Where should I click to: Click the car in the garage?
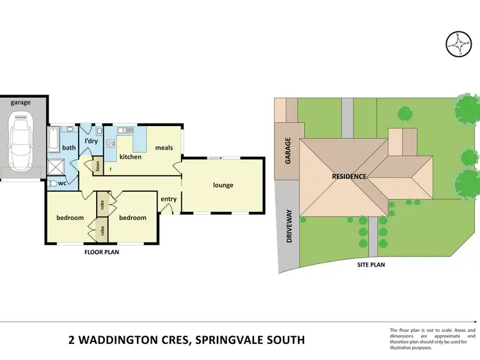[x=21, y=141]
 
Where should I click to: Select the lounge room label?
[x=223, y=185]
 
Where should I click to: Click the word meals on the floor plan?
[x=164, y=148]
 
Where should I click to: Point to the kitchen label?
[x=130, y=157]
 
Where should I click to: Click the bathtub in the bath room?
[x=54, y=137]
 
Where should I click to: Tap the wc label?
[x=63, y=184]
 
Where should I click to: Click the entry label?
[x=168, y=199]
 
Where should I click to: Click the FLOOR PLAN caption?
[x=102, y=252]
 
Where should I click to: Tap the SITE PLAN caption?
[x=371, y=264]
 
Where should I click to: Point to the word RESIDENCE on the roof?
[x=349, y=176]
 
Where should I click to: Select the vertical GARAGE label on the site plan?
[x=288, y=151]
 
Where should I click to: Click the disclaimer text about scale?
[x=432, y=339]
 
